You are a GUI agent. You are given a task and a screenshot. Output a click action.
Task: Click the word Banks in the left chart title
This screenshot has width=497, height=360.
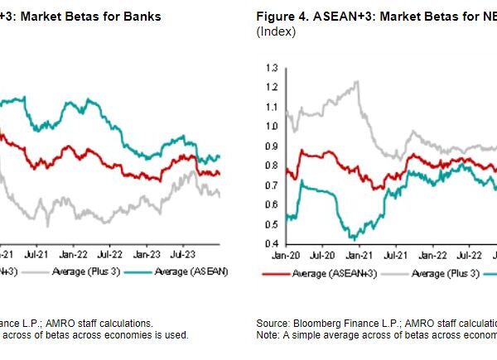(144, 16)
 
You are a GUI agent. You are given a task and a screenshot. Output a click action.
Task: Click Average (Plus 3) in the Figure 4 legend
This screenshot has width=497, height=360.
(445, 273)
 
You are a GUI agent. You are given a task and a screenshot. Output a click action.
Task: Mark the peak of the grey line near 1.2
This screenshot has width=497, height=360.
(357, 81)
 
